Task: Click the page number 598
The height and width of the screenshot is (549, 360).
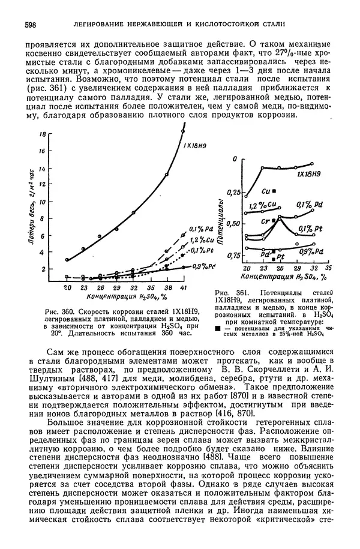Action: coord(30,24)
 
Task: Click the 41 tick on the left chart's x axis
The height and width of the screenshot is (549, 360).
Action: coord(182,289)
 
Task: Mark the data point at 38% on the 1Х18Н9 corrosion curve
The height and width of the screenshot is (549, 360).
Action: coord(166,175)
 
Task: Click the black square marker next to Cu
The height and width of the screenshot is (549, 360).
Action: coord(274,190)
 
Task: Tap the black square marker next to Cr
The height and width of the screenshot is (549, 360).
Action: coord(273,220)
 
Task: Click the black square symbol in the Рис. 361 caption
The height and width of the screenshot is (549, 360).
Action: coord(217,329)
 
